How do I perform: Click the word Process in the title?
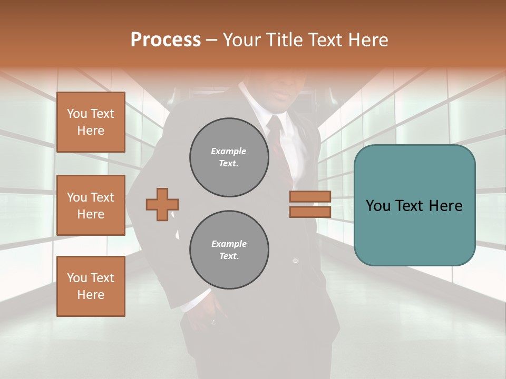coord(166,40)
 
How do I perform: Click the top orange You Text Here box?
coord(91,122)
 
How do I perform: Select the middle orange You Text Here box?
coord(91,205)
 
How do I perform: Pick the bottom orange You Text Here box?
coord(91,286)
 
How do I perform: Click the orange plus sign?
coord(162,204)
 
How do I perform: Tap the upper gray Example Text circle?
coord(229,157)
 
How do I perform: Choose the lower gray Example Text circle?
coord(229,250)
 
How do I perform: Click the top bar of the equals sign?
coord(310,196)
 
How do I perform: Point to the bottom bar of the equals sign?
coord(310,212)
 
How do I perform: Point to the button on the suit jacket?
coord(295,261)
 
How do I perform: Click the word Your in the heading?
coord(241,40)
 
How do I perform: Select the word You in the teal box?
coord(378,206)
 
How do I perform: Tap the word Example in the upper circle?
coord(229,151)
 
